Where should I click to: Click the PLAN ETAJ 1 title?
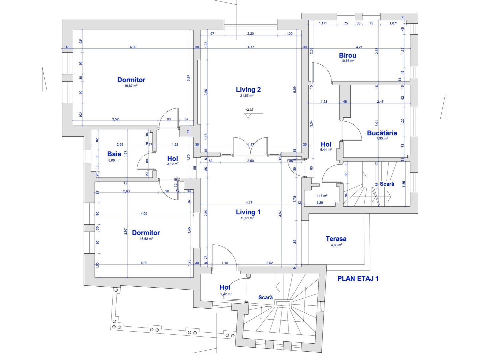point(358,278)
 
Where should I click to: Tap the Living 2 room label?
point(248,89)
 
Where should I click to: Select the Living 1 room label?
point(248,212)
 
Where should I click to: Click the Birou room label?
point(347,55)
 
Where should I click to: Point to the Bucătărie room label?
point(382,133)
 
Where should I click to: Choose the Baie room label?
point(114,154)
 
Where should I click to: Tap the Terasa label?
point(336,239)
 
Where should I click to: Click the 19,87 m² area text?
point(131,86)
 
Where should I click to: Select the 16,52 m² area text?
point(146,239)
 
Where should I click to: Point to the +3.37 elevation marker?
point(249,110)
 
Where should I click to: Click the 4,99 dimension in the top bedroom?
point(133,47)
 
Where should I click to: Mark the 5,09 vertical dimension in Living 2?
point(294,90)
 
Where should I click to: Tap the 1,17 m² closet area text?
point(321,196)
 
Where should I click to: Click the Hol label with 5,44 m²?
point(326,144)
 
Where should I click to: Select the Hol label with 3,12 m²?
point(173,159)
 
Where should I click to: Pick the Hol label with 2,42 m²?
point(225,287)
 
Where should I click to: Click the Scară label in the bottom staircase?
point(265,297)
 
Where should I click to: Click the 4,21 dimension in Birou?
point(359,47)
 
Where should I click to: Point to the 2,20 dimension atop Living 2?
point(250,34)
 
